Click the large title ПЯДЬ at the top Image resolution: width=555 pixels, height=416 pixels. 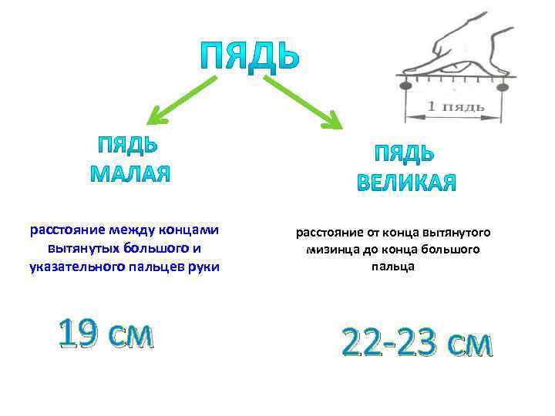tap(249, 55)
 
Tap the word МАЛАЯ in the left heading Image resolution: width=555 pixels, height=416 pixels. tap(129, 173)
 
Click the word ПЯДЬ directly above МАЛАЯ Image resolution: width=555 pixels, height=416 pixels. tap(128, 144)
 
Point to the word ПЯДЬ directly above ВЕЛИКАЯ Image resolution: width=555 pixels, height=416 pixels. tap(404, 153)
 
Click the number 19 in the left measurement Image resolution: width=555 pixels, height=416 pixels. tap(79, 335)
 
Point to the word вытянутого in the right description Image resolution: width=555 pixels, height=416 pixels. tap(461, 232)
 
